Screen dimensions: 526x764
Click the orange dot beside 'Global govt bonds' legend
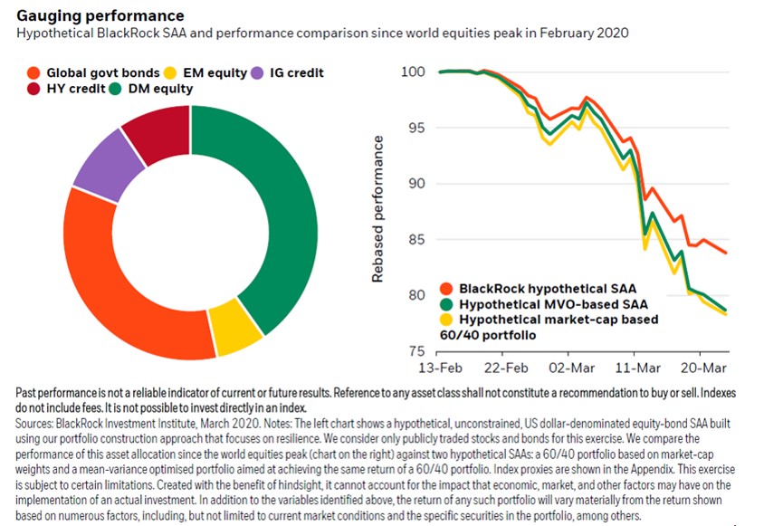click(x=33, y=72)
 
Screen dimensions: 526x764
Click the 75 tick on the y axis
click(x=417, y=351)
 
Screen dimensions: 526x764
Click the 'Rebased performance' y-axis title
click(x=379, y=209)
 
